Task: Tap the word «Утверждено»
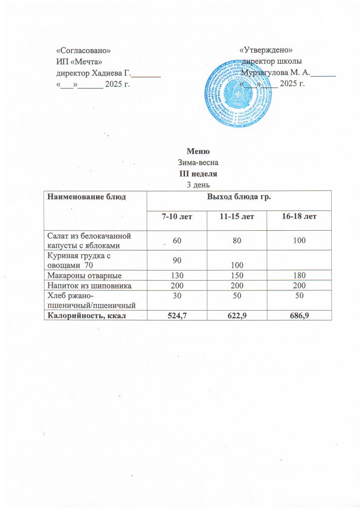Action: (x=266, y=50)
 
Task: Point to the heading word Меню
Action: (x=195, y=152)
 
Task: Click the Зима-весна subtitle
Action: (x=195, y=163)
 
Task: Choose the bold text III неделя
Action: (x=195, y=174)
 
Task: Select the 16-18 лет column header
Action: (x=300, y=217)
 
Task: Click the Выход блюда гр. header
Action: (x=238, y=196)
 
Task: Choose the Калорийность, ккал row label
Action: (x=86, y=316)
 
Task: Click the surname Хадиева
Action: (x=105, y=73)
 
